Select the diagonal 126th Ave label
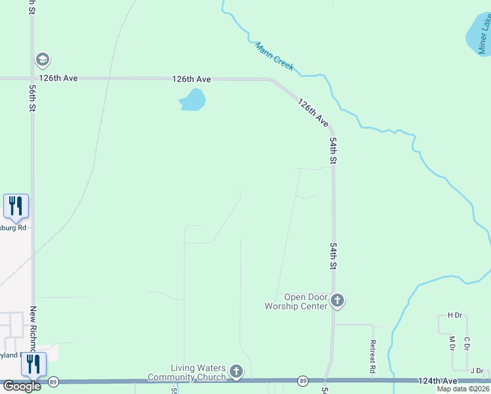pos(312,112)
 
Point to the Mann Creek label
pos(274,56)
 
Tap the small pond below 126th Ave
pos(192,100)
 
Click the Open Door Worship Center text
pos(295,301)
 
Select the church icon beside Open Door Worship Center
pos(337,301)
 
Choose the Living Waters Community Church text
pos(189,372)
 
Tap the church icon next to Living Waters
pos(236,372)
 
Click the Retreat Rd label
pos(372,357)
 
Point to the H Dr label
pos(454,315)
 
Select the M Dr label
pos(452,343)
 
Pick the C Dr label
pos(467,343)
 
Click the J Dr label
pos(477,370)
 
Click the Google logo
pos(22,386)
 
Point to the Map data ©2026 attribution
pos(463,389)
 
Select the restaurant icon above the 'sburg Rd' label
pos(16,206)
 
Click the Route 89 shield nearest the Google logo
pos(54,381)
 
